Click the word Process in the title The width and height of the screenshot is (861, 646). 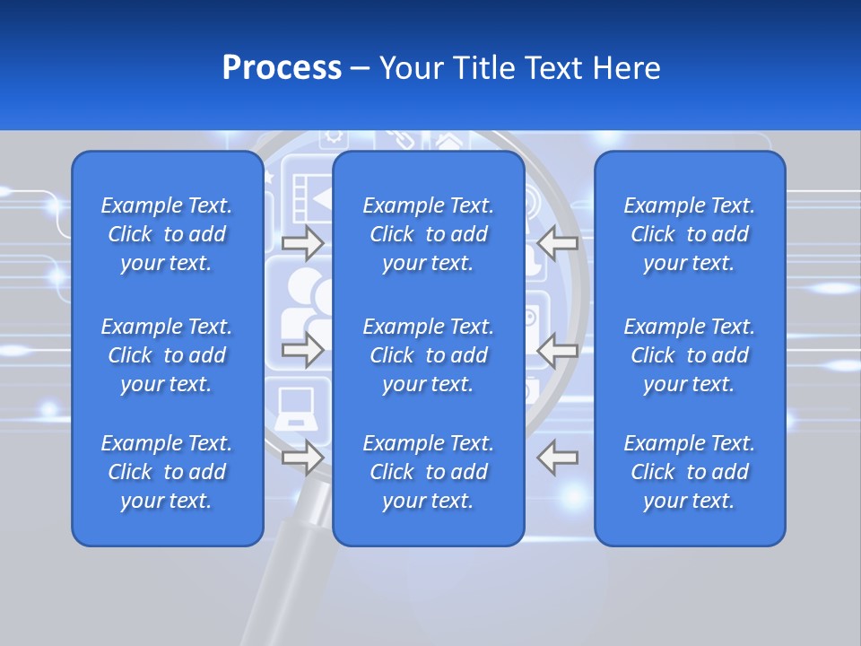[282, 68]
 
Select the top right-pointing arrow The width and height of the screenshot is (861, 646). [302, 242]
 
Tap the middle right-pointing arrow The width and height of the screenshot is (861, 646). [302, 350]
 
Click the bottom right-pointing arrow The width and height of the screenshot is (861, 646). [302, 458]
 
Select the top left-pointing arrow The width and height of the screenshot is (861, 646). [558, 242]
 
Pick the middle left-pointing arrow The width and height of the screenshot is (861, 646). [558, 350]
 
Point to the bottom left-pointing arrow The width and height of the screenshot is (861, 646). [558, 458]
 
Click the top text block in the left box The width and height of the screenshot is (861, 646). [167, 234]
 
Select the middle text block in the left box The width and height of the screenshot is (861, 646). [167, 355]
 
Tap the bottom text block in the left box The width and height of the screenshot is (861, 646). [167, 472]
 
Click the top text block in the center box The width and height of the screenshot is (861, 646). [428, 234]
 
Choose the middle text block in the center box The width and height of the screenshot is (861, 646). [428, 355]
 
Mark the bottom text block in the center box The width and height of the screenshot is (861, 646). [428, 472]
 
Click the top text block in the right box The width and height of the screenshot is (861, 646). [689, 234]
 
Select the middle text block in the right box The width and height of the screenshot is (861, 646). [689, 355]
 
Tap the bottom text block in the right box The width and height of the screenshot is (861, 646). [689, 472]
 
